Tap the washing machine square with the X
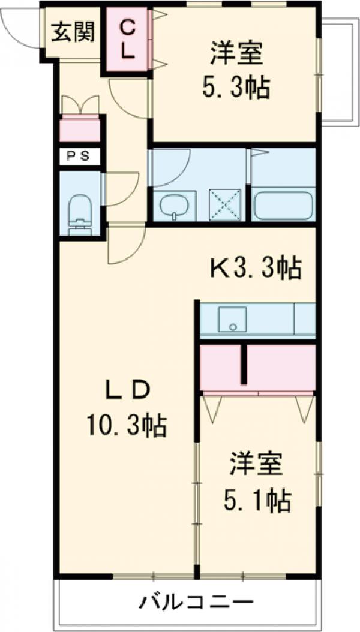224,205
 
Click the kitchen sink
233,320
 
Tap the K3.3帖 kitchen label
255,269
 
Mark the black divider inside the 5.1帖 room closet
244,363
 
